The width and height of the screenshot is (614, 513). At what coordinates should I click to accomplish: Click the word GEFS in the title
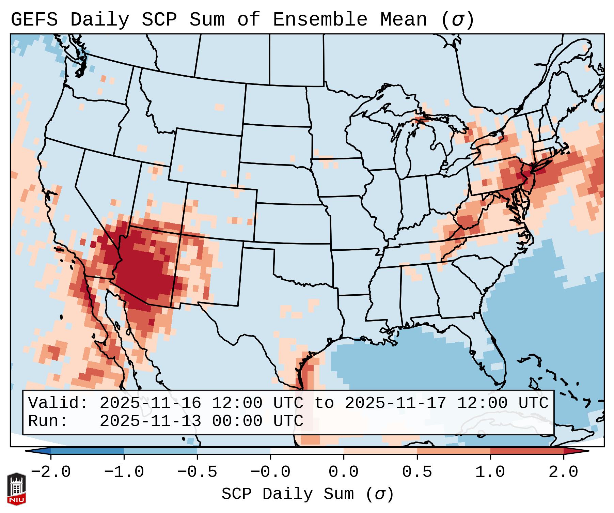coord(34,20)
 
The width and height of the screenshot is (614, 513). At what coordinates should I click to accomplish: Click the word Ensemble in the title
coord(320,20)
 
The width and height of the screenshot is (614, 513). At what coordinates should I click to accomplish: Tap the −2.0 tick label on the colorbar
coord(51,472)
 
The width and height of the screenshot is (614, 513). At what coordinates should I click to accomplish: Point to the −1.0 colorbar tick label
coord(124,472)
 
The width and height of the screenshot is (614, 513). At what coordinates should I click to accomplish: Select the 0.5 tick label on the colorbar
coord(417,472)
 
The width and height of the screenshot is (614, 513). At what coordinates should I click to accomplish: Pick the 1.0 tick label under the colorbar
coord(490,472)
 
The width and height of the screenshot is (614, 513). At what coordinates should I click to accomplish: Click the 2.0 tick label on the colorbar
coord(563,472)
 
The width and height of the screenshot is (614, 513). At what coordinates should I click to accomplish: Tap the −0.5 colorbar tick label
coord(197,472)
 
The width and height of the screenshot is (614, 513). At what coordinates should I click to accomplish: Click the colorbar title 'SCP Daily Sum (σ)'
coord(308,494)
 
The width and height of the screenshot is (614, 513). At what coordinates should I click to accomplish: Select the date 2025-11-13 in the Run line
coord(150,421)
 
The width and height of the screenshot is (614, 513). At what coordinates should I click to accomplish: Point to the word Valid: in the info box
coord(58,403)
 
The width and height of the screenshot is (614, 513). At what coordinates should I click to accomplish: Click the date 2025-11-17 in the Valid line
coord(395,403)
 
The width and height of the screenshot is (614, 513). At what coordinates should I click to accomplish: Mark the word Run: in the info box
coord(48,421)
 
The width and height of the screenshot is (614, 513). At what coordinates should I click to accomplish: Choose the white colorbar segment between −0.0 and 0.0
coord(307,451)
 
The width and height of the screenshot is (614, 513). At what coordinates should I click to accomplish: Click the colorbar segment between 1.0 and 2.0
coord(526,451)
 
